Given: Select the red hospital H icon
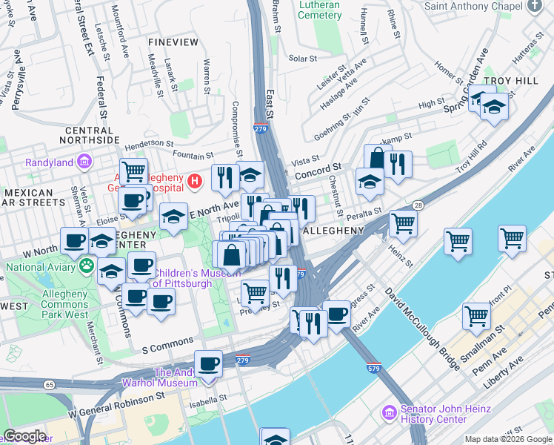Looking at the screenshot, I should pyautogui.click(x=194, y=180).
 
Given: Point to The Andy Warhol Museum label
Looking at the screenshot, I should pyautogui.click(x=176, y=378).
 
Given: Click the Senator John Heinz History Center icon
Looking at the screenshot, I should pyautogui.click(x=389, y=412).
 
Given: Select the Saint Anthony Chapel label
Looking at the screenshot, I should pyautogui.click(x=475, y=7).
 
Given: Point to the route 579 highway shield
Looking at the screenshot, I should pyautogui.click(x=373, y=366).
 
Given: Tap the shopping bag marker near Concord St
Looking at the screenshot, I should pyautogui.click(x=378, y=159).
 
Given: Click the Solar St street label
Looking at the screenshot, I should pyautogui.click(x=302, y=59).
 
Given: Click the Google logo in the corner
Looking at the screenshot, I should pyautogui.click(x=24, y=436).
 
